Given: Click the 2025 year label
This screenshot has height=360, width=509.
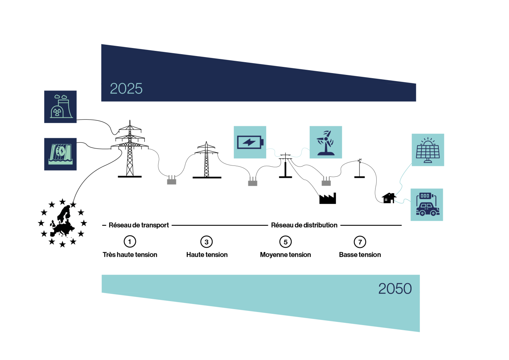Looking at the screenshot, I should tap(126, 88).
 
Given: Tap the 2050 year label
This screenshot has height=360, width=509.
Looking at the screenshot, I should tap(395, 289).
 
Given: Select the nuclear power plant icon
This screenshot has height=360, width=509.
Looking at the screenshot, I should tap(60, 107).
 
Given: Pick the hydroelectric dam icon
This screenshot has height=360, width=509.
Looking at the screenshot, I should tap(60, 154).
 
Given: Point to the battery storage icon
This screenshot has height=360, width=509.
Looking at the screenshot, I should tap(250, 142).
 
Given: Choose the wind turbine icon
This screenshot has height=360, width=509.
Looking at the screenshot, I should tap(326, 142).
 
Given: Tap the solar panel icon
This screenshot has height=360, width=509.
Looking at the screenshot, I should tap(428, 150).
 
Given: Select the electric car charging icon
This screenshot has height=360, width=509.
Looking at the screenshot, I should tap(427, 205).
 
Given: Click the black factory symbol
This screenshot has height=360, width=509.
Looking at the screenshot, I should tap(328, 199).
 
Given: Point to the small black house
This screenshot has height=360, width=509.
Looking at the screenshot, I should tap(389, 198).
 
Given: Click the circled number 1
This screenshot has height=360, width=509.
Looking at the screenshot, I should tap(130, 242).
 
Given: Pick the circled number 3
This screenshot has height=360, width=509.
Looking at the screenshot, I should tap(207, 242).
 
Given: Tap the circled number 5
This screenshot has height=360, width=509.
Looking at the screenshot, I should tap(285, 242).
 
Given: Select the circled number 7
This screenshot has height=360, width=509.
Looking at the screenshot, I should tap(360, 242).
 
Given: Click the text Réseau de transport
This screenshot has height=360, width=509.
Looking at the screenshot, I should tap(139, 225).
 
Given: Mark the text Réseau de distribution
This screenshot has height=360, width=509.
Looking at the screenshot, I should tap(304, 225).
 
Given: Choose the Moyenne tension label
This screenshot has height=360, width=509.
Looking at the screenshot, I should tap(285, 255).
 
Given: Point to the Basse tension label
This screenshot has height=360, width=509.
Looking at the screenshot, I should tap(360, 255).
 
